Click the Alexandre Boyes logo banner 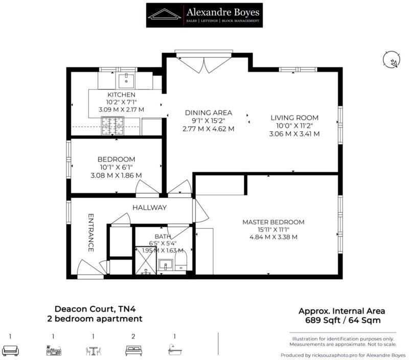click(x=204, y=15)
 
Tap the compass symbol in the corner click(x=391, y=60)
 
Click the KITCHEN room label click(x=121, y=95)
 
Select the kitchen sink click(x=126, y=80)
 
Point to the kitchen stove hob click(x=112, y=126)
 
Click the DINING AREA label click(x=209, y=113)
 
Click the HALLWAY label click(x=150, y=208)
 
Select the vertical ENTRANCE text click(x=91, y=233)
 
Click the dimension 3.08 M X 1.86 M click(x=116, y=175)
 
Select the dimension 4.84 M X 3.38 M click(x=273, y=237)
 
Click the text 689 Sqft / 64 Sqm click(x=342, y=321)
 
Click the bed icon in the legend click(x=133, y=350)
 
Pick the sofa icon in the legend click(x=11, y=350)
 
